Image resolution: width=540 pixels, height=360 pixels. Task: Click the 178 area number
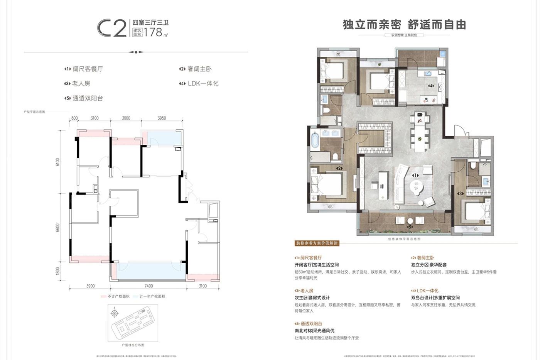[x=153, y=32]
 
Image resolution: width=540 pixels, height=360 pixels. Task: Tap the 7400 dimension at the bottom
[x=148, y=286]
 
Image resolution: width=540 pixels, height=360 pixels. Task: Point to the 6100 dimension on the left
[x=58, y=162]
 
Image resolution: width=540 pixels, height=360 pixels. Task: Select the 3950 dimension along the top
[x=162, y=118]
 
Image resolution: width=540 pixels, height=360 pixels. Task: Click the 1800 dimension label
[x=58, y=271]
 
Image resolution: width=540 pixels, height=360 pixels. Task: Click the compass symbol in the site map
[x=115, y=313]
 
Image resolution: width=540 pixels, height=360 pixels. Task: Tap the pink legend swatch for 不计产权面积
[x=103, y=296]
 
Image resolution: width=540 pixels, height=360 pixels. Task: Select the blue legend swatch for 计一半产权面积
[x=135, y=296]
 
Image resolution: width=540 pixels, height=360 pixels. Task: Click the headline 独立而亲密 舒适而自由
[x=404, y=25]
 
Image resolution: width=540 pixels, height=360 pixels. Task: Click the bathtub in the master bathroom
[x=315, y=140]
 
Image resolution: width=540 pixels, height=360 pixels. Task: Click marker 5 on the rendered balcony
[x=410, y=227]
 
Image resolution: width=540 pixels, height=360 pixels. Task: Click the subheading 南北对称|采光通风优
[x=314, y=331]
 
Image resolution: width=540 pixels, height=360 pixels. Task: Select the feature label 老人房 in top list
[x=81, y=83]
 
